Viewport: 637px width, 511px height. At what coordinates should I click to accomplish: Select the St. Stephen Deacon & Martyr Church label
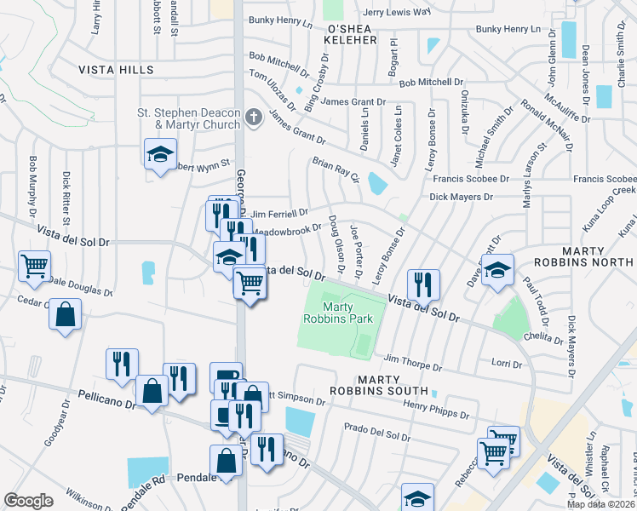(189, 119)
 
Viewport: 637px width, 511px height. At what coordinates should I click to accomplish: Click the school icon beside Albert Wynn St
(159, 154)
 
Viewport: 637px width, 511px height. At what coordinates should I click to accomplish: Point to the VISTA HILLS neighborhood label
(116, 70)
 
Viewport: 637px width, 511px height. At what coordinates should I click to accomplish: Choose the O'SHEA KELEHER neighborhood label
(352, 34)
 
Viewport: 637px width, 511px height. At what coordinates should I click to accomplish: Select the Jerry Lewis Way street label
(396, 13)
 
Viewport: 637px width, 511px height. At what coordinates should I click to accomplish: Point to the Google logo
(28, 501)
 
